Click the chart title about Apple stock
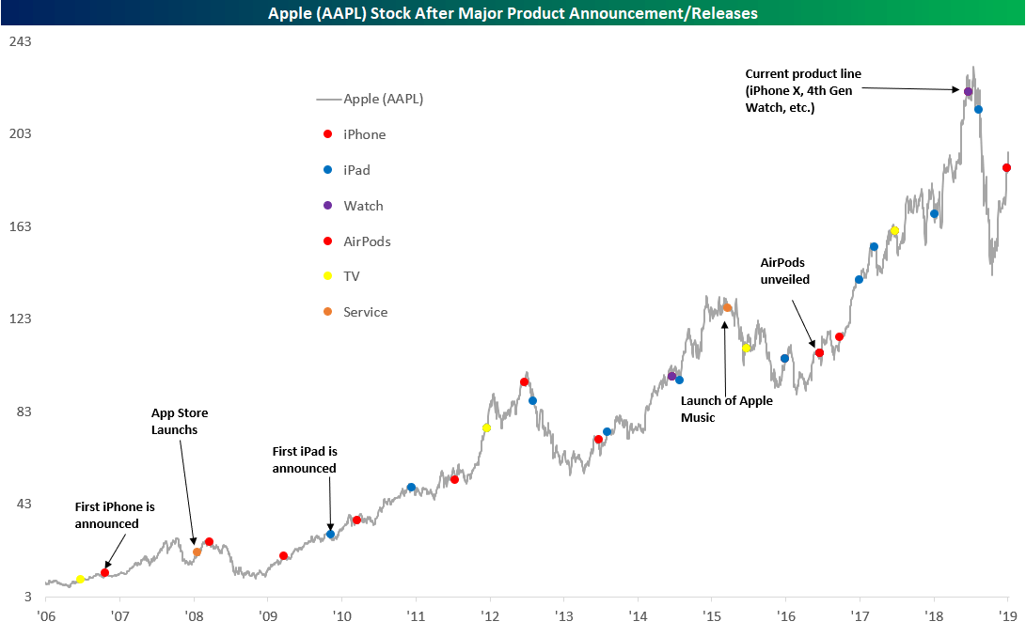click(x=513, y=13)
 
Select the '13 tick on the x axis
click(x=563, y=617)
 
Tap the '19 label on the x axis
click(x=1008, y=617)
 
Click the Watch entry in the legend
click(x=363, y=206)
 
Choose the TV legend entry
click(x=352, y=276)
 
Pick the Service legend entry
click(x=365, y=312)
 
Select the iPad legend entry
click(x=356, y=170)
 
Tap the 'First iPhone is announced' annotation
click(x=115, y=515)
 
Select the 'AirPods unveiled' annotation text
click(x=784, y=272)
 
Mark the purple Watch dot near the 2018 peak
click(x=968, y=91)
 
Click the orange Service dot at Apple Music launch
click(x=727, y=307)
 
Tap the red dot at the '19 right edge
click(x=1007, y=168)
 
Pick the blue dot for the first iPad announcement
click(x=330, y=534)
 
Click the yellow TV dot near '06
click(x=80, y=580)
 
